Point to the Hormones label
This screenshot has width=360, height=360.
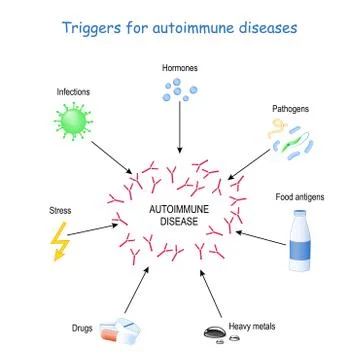[x=180, y=67]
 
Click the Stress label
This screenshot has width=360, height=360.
[x=60, y=211]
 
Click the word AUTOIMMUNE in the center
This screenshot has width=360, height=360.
[x=180, y=207]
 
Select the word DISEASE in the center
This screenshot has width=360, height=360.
[x=180, y=221]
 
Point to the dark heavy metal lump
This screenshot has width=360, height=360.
[x=214, y=332]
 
